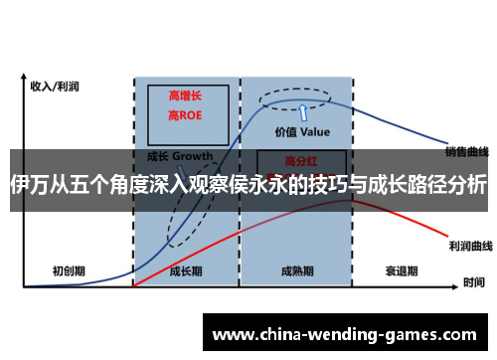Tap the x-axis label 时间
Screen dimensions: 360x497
coord(473,283)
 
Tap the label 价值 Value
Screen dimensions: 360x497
coord(302,131)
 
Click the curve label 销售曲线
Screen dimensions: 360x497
coord(466,152)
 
